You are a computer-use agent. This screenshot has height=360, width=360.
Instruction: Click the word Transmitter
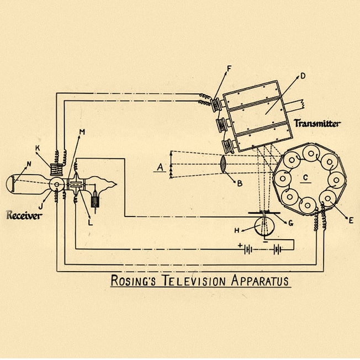tap(317, 123)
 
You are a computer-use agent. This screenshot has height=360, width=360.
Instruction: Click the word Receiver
tap(24, 215)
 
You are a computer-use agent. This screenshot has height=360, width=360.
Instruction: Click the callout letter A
tap(160, 166)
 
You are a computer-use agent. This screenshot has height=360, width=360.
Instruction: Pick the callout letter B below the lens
tap(239, 183)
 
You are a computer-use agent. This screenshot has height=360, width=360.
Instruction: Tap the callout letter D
tap(303, 76)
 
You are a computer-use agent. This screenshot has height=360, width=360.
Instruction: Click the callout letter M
tap(82, 131)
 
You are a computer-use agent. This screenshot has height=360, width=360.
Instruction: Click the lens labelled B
tap(223, 166)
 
